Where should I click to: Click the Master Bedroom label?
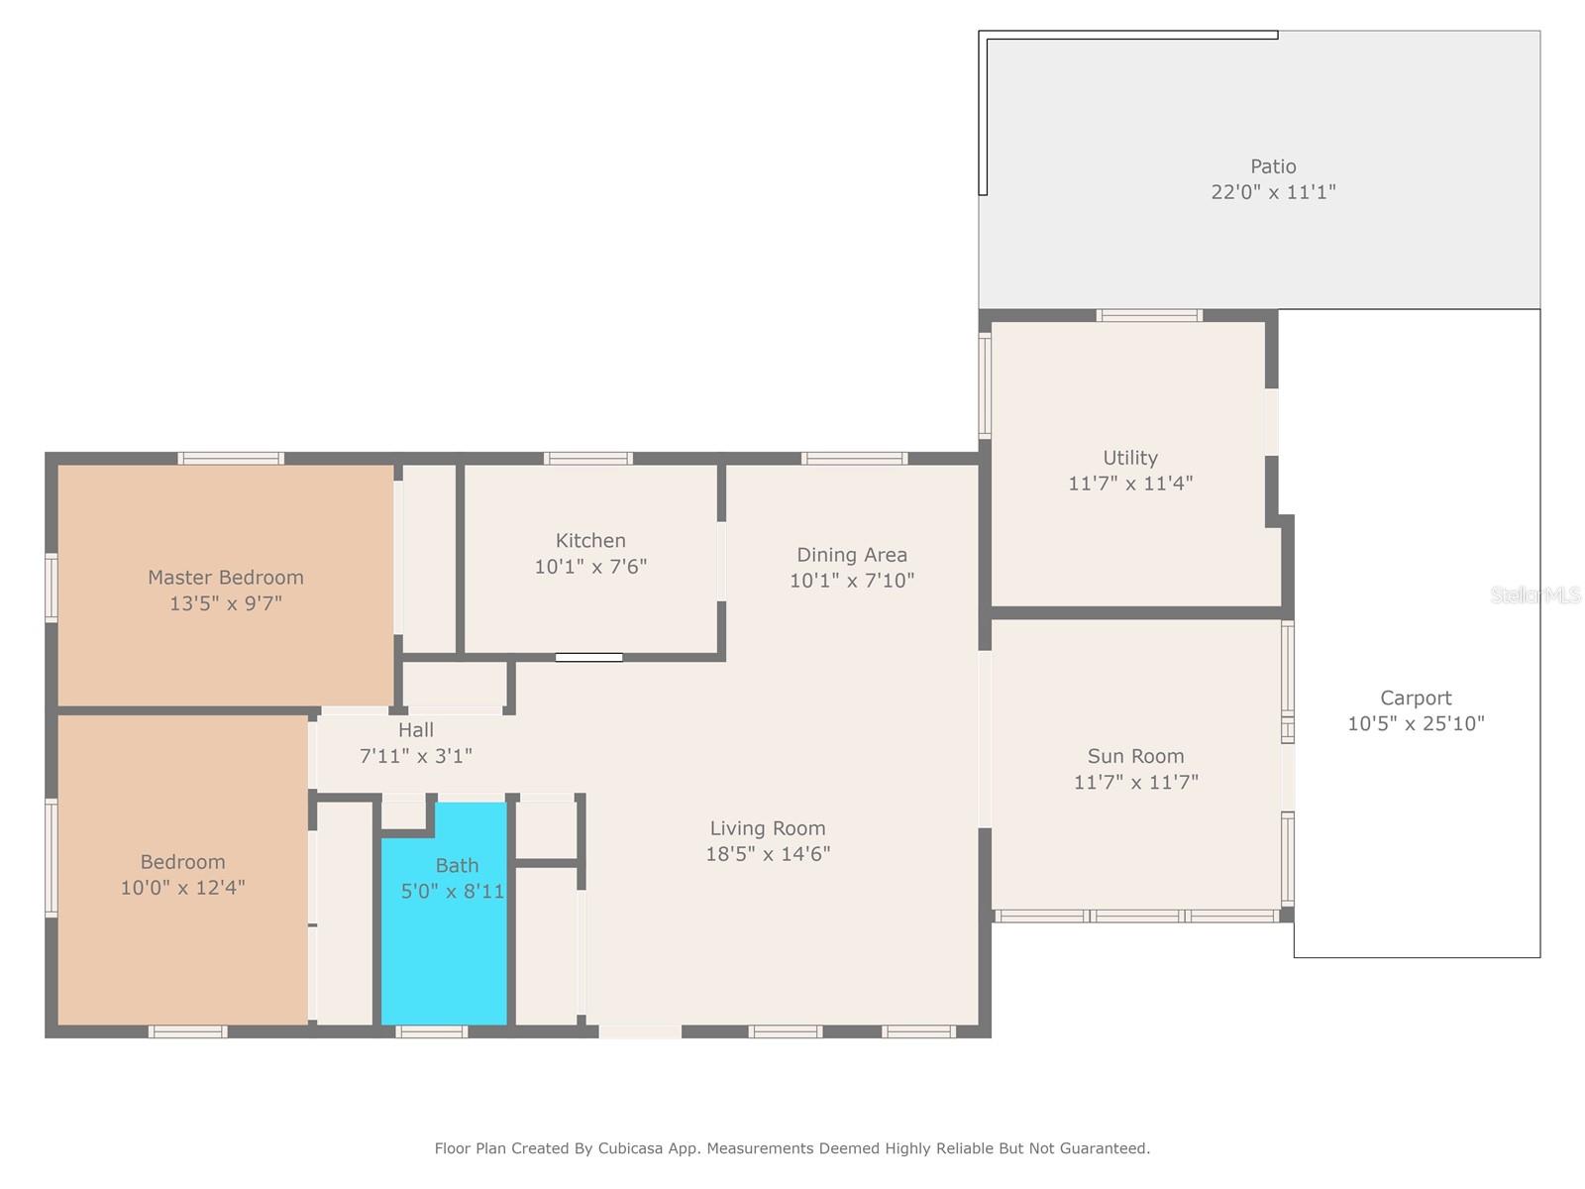coord(225,578)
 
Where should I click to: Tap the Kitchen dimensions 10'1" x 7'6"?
coord(590,567)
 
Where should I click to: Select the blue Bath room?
coord(444,913)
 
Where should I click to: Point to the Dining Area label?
coord(851,555)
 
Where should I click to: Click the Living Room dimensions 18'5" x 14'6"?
coord(768,854)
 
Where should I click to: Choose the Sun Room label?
coord(1136,756)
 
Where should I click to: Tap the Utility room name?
coord(1130,459)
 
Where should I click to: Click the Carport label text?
coord(1416,699)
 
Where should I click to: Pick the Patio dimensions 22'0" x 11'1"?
coord(1273,192)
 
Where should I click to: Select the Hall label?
coord(416,730)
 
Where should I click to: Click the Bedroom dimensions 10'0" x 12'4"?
coord(182,887)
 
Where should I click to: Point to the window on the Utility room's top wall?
coord(1149,315)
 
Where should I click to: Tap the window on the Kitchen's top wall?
coord(587,459)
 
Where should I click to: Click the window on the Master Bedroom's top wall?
coord(231,459)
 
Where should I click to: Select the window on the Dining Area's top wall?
coord(854,459)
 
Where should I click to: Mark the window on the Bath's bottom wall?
coord(431,1031)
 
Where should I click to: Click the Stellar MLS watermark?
coord(1535,595)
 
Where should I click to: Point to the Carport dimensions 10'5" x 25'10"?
coord(1416,723)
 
